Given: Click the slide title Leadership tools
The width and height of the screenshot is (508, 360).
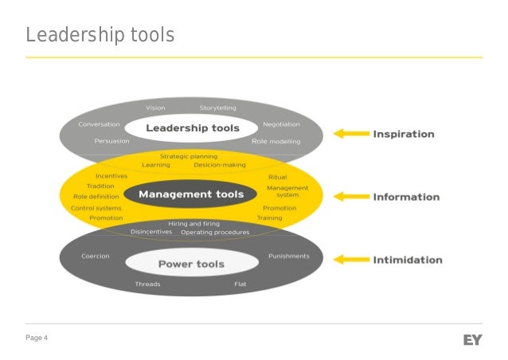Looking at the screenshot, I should click(x=100, y=36).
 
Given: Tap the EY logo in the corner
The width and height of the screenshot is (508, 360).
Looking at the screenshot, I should click(x=472, y=340).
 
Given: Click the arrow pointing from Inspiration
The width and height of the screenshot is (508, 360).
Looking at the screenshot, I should click(x=350, y=134).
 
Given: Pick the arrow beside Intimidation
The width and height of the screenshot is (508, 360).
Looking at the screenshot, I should click(x=350, y=259).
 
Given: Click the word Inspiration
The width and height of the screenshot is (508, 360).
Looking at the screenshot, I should click(x=404, y=134).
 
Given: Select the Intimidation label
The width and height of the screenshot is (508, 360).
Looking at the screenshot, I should click(x=408, y=259).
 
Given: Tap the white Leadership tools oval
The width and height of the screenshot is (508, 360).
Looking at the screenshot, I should click(x=192, y=128).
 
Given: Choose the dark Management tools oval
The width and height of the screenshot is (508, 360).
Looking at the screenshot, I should click(x=191, y=194).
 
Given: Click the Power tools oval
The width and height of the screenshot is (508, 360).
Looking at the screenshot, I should click(x=191, y=264).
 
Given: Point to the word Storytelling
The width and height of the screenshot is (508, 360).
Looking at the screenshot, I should click(x=217, y=108).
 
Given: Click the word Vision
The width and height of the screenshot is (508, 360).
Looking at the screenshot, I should click(x=155, y=108).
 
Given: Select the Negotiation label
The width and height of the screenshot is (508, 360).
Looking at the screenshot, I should click(x=281, y=124).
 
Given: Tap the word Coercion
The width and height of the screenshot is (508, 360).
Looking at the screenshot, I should click(x=96, y=256).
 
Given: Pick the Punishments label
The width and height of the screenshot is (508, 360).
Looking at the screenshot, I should click(x=289, y=256).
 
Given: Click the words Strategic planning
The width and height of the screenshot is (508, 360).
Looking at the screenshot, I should click(x=189, y=156).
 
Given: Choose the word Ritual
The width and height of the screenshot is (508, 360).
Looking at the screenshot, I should click(x=278, y=177).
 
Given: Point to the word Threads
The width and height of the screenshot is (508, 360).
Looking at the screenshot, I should click(x=147, y=284).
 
